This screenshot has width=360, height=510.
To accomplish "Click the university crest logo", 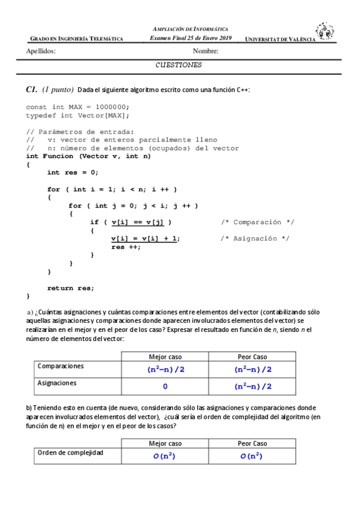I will point(325,31).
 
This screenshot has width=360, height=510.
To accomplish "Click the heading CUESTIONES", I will point(178,65).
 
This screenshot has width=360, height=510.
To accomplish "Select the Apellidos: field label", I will point(41,51).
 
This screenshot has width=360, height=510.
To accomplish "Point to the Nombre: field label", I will point(206,51).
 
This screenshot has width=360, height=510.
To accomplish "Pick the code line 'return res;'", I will point(70,287).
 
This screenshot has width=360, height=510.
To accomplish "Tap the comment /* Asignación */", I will point(255,238).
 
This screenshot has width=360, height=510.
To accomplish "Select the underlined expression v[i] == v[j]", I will point(137,222).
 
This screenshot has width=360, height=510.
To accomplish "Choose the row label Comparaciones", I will point(61,366).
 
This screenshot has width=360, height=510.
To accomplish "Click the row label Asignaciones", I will point(58,382).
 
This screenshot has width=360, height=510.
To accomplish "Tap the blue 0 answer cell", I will point(165,386).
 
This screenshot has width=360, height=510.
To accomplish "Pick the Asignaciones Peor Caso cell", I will point(252,386).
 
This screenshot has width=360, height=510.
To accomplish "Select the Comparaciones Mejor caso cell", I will point(165,369).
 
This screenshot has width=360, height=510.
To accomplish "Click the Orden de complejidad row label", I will point(70,452).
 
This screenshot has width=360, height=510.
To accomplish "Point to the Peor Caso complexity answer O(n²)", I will point(252,456).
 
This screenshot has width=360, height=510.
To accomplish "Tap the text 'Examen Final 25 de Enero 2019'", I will point(191,38).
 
